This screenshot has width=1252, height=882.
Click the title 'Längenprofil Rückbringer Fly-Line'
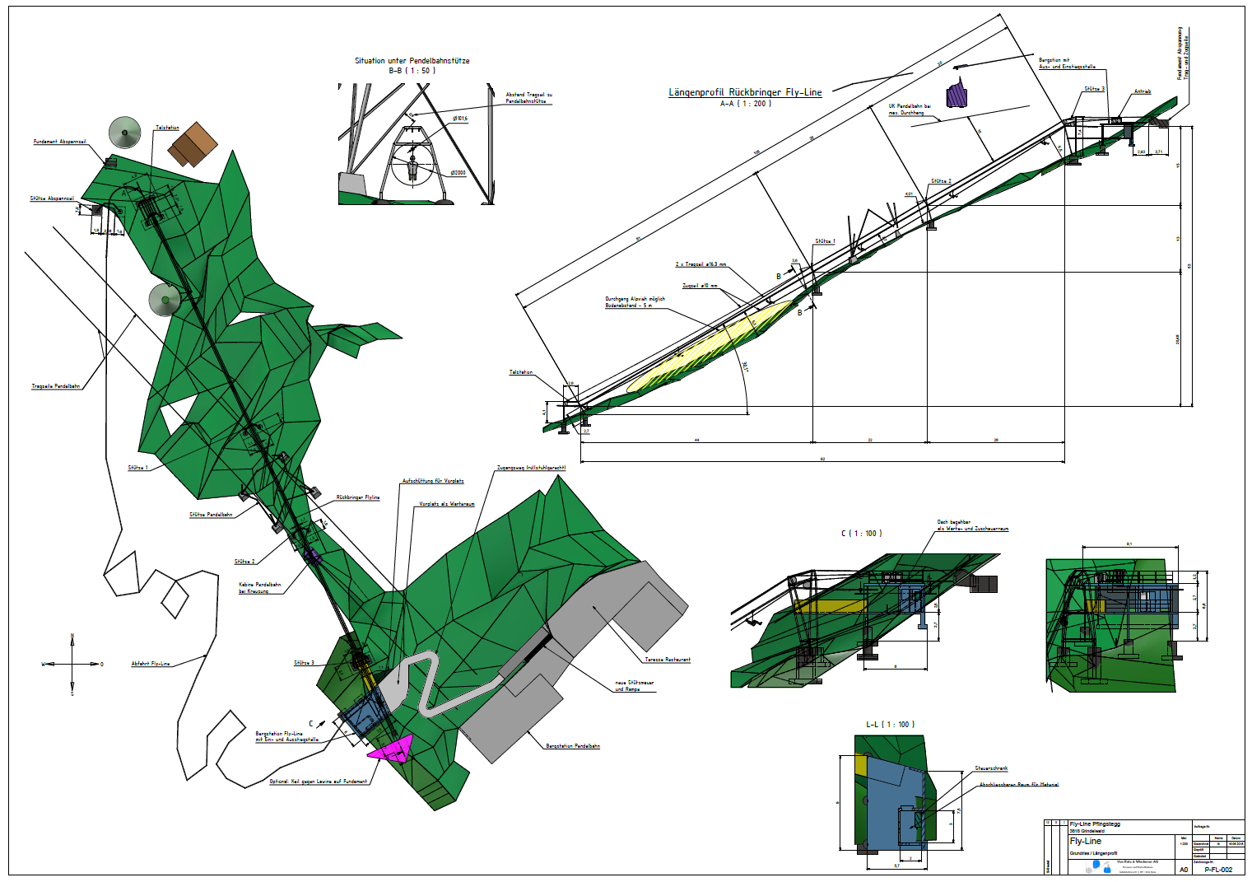pos(744,92)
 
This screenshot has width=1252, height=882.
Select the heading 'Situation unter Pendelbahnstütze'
pos(412,61)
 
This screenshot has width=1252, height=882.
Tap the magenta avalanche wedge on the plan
pos(392,749)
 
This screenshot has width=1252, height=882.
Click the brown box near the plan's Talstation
pos(193,144)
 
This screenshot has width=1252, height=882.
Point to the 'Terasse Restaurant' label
pos(667,660)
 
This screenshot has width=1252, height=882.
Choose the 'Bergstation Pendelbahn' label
pos(573,746)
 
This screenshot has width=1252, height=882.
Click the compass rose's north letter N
pos(72,636)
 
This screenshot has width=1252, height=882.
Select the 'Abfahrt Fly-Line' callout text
pos(151,664)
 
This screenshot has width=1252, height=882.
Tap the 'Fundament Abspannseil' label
pos(59,142)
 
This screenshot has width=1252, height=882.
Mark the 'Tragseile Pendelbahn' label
pos(56,386)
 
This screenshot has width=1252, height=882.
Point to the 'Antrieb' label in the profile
pos(1142,91)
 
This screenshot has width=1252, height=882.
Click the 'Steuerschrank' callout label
pos(991,768)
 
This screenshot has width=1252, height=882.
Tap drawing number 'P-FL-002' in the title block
pos(1218,870)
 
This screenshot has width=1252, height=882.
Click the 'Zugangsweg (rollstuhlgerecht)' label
pos(531,468)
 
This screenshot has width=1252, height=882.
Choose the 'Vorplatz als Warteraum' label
pos(446,504)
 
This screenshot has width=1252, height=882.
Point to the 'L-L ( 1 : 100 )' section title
pos(890,725)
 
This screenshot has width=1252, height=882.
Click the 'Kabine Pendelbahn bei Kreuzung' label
pos(259,588)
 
